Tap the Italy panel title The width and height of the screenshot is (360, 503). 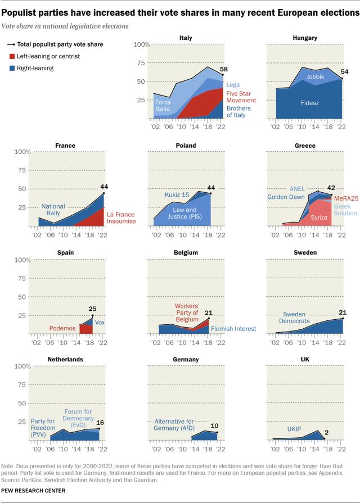click(x=186, y=38)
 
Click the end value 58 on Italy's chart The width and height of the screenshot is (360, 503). click(x=224, y=69)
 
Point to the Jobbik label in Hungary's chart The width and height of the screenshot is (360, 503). click(x=315, y=76)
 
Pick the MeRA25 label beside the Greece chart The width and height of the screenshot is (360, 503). click(x=346, y=199)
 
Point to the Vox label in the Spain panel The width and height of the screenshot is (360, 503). click(x=99, y=323)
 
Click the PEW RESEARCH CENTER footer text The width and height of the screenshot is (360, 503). click(x=33, y=491)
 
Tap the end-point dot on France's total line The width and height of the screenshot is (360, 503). click(x=103, y=194)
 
